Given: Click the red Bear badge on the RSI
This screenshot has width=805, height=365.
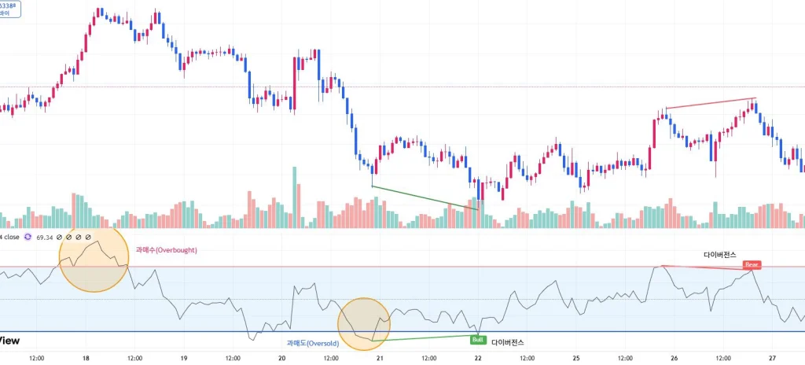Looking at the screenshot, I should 752,265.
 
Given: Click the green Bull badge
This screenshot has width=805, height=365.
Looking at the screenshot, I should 477,340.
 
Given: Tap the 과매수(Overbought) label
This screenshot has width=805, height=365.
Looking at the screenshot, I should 166,250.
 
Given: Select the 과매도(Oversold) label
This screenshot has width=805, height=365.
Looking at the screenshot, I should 312,343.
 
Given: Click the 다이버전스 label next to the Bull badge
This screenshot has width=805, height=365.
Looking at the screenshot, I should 507,343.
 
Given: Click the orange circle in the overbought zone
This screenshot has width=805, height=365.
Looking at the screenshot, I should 94,257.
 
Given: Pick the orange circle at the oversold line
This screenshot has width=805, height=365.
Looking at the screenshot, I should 364,323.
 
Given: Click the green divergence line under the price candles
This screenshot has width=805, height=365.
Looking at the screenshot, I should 425,197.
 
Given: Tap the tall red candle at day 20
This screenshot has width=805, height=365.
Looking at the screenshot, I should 295,83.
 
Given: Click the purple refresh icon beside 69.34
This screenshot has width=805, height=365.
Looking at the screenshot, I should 28,237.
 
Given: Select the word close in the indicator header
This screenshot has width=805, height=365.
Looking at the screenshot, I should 11,237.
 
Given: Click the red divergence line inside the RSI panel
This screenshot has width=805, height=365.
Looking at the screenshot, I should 704,267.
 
